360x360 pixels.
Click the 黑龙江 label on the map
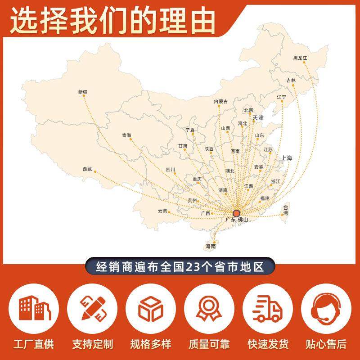coord(300,58)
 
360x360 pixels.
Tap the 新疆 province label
coord(82,92)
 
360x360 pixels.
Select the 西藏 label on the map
coord(87,169)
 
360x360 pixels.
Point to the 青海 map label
coord(126,135)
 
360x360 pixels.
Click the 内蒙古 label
coord(220,102)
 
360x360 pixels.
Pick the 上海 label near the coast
coord(287,158)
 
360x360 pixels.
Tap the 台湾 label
coord(285,210)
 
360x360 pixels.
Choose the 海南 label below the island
coord(211,247)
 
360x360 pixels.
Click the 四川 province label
coord(171,170)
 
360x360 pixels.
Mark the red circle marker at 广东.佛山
coord(237,213)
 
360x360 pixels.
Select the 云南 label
coord(162,211)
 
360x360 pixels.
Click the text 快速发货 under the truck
coord(268,345)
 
